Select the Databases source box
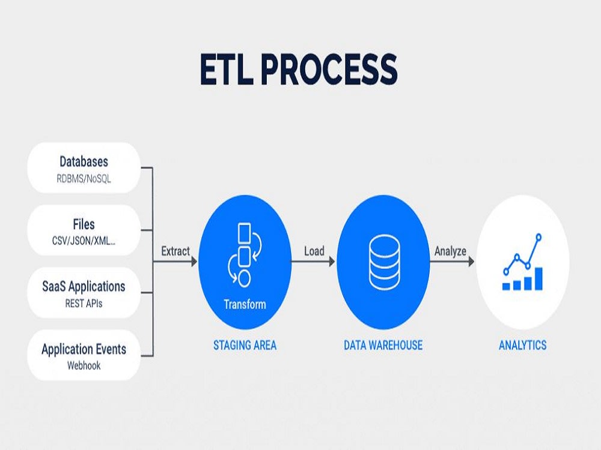84,167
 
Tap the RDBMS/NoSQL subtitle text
84,178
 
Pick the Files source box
84,230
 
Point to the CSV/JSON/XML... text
84,241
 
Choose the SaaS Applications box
84,292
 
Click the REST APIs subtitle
84,304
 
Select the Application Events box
84,355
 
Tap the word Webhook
84,365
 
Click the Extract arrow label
175,251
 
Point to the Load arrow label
314,251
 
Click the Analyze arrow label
450,251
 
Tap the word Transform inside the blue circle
245,304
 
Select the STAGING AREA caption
245,345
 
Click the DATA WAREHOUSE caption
383,345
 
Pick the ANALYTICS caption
522,345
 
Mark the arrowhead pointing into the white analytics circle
471,262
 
